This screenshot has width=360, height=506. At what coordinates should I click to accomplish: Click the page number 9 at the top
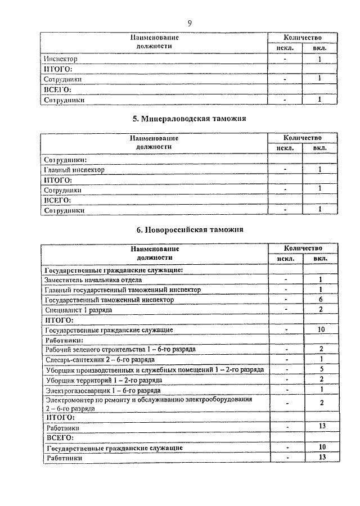(x=189, y=23)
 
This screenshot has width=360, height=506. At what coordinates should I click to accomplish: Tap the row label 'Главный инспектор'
(x=74, y=169)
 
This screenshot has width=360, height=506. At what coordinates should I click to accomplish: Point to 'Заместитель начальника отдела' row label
(x=93, y=279)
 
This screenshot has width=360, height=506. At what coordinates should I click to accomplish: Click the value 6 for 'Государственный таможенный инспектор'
(x=320, y=300)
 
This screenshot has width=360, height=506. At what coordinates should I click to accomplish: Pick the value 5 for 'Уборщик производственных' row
(x=320, y=369)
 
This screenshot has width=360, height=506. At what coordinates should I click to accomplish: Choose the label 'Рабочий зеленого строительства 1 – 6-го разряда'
(x=120, y=349)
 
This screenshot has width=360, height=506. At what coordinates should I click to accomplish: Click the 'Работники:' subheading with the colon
(x=64, y=340)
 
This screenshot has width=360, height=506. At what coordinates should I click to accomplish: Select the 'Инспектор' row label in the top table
(x=60, y=58)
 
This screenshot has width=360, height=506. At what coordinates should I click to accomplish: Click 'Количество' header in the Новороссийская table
(x=303, y=248)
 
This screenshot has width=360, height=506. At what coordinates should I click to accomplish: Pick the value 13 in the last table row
(x=320, y=457)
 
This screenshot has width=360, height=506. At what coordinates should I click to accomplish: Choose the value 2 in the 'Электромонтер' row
(x=320, y=403)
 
